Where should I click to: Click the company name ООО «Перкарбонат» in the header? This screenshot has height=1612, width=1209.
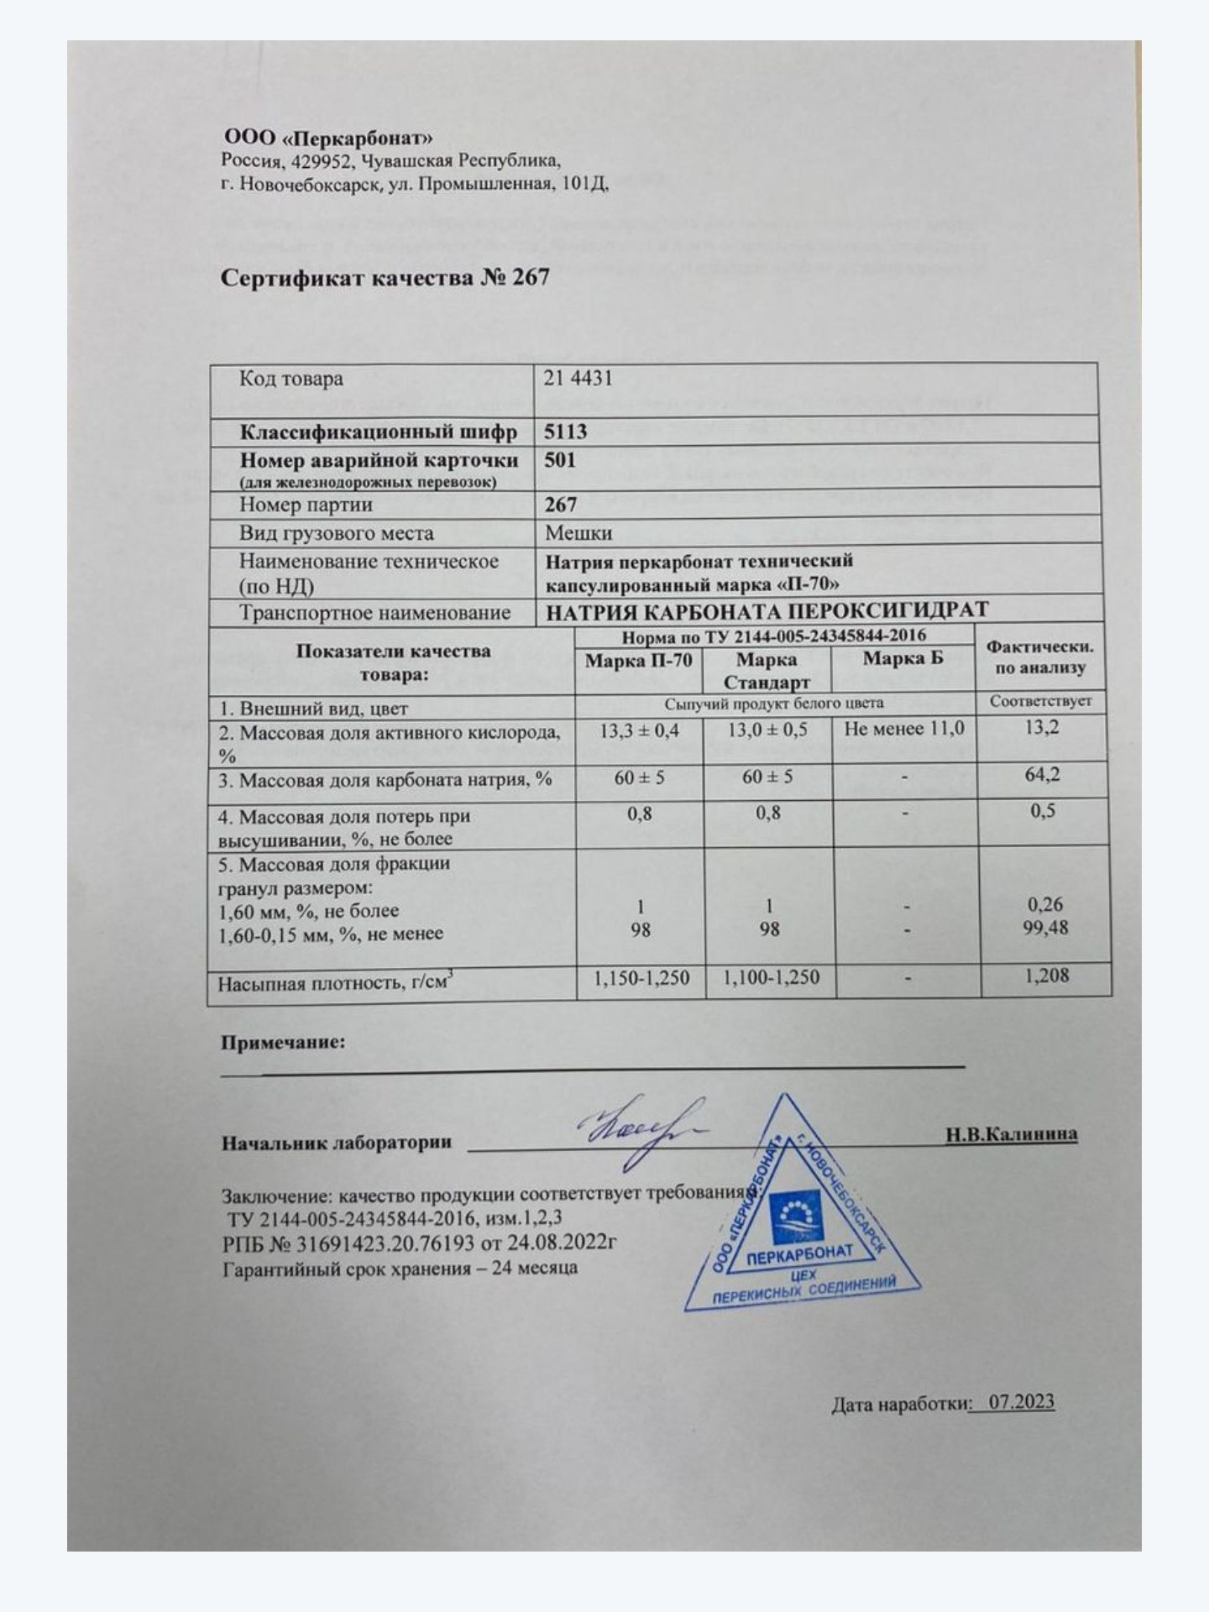point(328,138)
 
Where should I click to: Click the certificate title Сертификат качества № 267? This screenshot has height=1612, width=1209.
point(385,278)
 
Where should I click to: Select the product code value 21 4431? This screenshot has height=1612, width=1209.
point(578,379)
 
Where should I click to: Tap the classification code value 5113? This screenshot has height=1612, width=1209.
point(565,432)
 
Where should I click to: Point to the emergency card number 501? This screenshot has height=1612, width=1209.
point(560,460)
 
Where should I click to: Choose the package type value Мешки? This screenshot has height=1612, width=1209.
point(578,533)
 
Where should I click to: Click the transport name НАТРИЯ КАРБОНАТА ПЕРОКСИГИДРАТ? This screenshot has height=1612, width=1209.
point(767,610)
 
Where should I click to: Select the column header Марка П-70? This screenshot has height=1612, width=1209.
point(638,661)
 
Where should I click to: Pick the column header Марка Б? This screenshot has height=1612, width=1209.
point(903,659)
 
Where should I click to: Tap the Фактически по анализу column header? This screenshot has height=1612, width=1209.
point(1039,657)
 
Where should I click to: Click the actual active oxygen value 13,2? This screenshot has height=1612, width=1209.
point(1042,727)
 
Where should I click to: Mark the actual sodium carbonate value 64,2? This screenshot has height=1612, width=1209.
point(1042,774)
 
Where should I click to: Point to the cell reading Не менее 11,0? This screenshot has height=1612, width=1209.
point(904,729)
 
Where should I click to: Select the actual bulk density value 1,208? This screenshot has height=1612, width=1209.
point(1047,976)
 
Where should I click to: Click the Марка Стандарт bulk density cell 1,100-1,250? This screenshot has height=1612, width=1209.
point(770,977)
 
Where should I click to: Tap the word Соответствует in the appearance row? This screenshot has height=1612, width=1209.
point(1040,701)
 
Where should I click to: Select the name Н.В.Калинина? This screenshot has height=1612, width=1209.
point(1011,1135)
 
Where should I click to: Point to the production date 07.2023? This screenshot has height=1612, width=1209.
point(1021,1402)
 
